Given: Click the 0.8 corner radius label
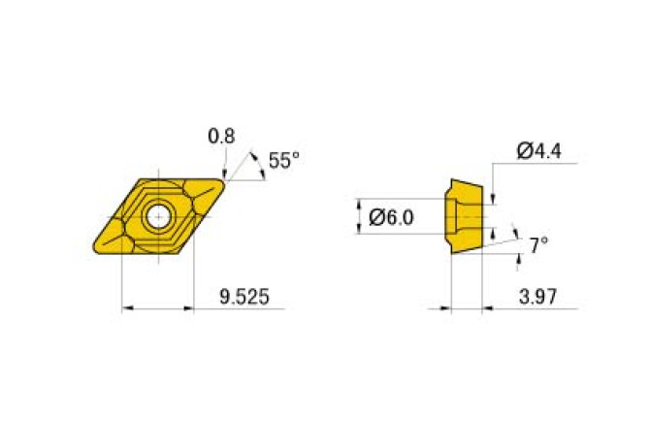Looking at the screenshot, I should pos(221,137).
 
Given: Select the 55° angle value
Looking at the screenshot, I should pos(284,161).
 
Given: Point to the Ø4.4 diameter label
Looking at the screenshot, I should pos(540,150).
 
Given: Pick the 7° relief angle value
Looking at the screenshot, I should pos(538,246).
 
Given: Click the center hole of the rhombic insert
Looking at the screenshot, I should pos(156,216).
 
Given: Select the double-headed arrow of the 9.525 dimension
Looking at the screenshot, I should pos(157,309).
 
